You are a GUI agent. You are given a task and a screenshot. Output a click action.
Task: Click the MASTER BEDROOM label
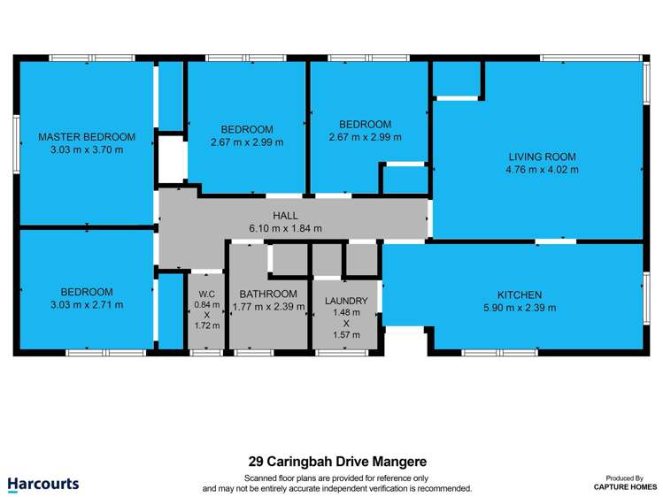pyautogui.click(x=87, y=137)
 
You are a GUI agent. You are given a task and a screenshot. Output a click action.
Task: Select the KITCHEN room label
pyautogui.click(x=520, y=294)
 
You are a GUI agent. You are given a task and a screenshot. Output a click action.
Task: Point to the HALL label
pyautogui.click(x=285, y=215)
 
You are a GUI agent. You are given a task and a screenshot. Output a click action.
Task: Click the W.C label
pyautogui.click(x=207, y=294)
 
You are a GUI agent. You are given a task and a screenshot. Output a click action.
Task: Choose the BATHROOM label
pyautogui.click(x=268, y=294)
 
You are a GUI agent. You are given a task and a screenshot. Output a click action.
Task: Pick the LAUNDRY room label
pyautogui.click(x=346, y=302)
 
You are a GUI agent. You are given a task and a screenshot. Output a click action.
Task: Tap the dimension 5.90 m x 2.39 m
pyautogui.click(x=520, y=308)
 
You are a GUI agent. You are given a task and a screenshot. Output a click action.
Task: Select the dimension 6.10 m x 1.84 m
pyautogui.click(x=285, y=228)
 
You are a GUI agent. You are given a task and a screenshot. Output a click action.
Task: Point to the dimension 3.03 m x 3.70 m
pyautogui.click(x=87, y=150)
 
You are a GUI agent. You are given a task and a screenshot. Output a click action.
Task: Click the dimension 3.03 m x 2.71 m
pyautogui.click(x=87, y=305)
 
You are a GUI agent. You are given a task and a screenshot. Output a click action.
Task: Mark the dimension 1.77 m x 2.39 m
pyautogui.click(x=268, y=308)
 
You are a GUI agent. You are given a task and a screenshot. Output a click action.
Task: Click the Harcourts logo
pyautogui.click(x=43, y=484)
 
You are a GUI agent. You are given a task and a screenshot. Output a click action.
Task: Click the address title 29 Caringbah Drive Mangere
pyautogui.click(x=337, y=462)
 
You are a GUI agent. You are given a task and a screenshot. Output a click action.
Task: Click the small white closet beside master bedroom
pyautogui.click(x=171, y=160)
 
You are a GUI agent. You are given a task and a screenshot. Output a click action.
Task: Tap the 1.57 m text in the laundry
pyautogui.click(x=346, y=335)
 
